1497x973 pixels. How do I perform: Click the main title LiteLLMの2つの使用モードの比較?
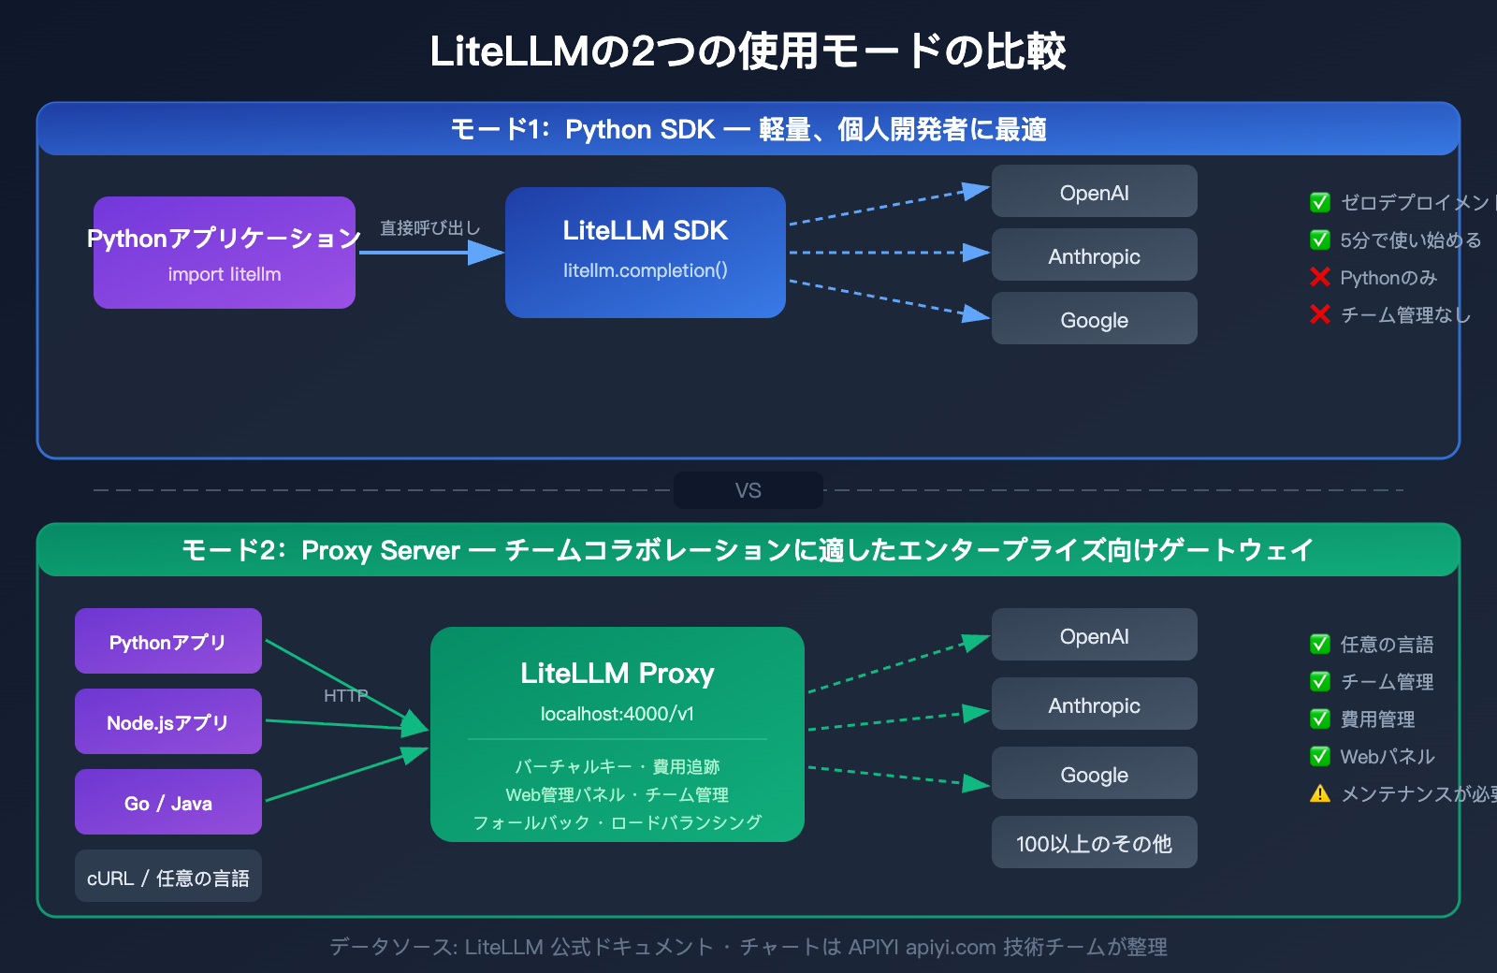click(748, 51)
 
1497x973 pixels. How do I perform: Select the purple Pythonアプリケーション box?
click(225, 253)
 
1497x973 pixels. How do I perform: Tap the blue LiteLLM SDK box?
click(646, 253)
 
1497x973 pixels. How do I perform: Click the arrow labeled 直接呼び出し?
click(430, 252)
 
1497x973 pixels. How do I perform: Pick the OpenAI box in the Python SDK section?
click(1094, 192)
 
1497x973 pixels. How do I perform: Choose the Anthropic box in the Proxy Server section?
click(1094, 704)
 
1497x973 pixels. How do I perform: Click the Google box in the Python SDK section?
click(1094, 319)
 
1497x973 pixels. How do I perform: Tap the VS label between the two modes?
click(748, 490)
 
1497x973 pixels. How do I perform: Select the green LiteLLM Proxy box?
click(618, 734)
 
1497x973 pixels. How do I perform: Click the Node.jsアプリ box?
click(168, 722)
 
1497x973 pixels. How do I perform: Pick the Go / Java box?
click(168, 803)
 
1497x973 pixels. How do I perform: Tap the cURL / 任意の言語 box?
click(168, 877)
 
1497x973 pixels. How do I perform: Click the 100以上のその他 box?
click(1094, 843)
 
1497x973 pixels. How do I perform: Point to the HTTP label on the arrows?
click(345, 695)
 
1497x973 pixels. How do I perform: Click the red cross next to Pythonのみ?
click(1320, 277)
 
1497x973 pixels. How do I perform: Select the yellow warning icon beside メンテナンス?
click(1320, 794)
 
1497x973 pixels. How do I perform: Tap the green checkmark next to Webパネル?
click(1320, 756)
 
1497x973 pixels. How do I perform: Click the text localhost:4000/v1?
click(618, 714)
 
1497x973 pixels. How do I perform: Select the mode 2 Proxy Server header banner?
click(748, 550)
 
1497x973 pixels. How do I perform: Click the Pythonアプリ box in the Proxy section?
click(168, 642)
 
